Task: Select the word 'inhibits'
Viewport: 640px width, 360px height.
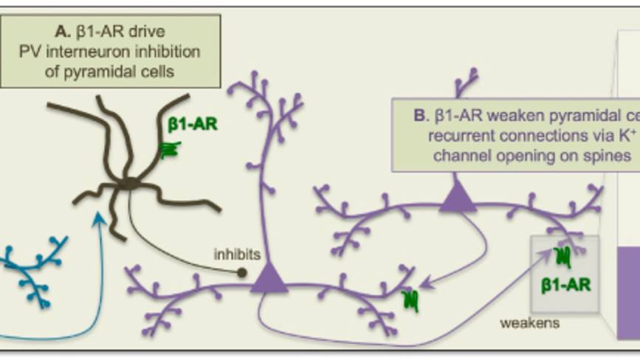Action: coord(237,255)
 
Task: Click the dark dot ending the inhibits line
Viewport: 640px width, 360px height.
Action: coord(241,272)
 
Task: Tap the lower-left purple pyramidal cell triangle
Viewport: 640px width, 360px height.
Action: coord(269,279)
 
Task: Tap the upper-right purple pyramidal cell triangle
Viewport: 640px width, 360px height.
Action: coord(458,198)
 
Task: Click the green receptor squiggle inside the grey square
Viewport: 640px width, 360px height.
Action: coord(563,256)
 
